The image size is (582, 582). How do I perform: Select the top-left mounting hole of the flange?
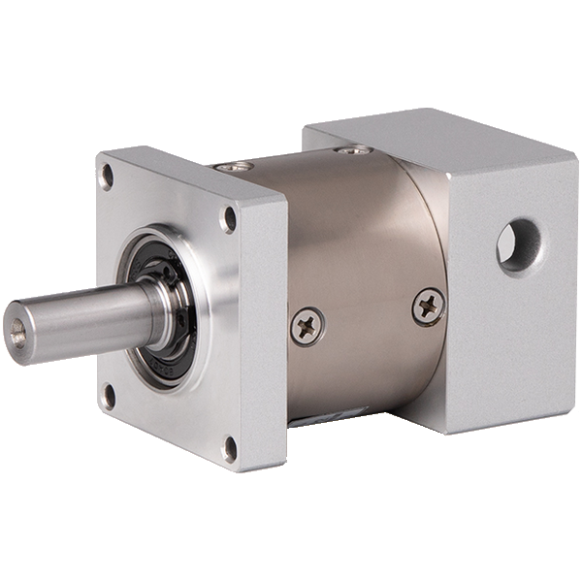[107, 177]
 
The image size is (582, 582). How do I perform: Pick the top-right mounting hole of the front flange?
[229, 218]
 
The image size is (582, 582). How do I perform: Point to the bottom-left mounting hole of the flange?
[109, 395]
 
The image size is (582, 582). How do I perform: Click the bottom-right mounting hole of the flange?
[230, 448]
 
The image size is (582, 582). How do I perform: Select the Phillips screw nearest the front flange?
[307, 327]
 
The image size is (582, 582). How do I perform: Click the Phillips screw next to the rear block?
[428, 307]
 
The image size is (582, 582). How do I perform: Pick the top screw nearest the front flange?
[234, 167]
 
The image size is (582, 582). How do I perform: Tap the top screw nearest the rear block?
[353, 149]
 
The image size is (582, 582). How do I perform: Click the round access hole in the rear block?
[518, 244]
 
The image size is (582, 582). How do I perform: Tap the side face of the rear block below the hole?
[514, 349]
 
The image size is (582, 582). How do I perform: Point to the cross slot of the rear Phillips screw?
[428, 307]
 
